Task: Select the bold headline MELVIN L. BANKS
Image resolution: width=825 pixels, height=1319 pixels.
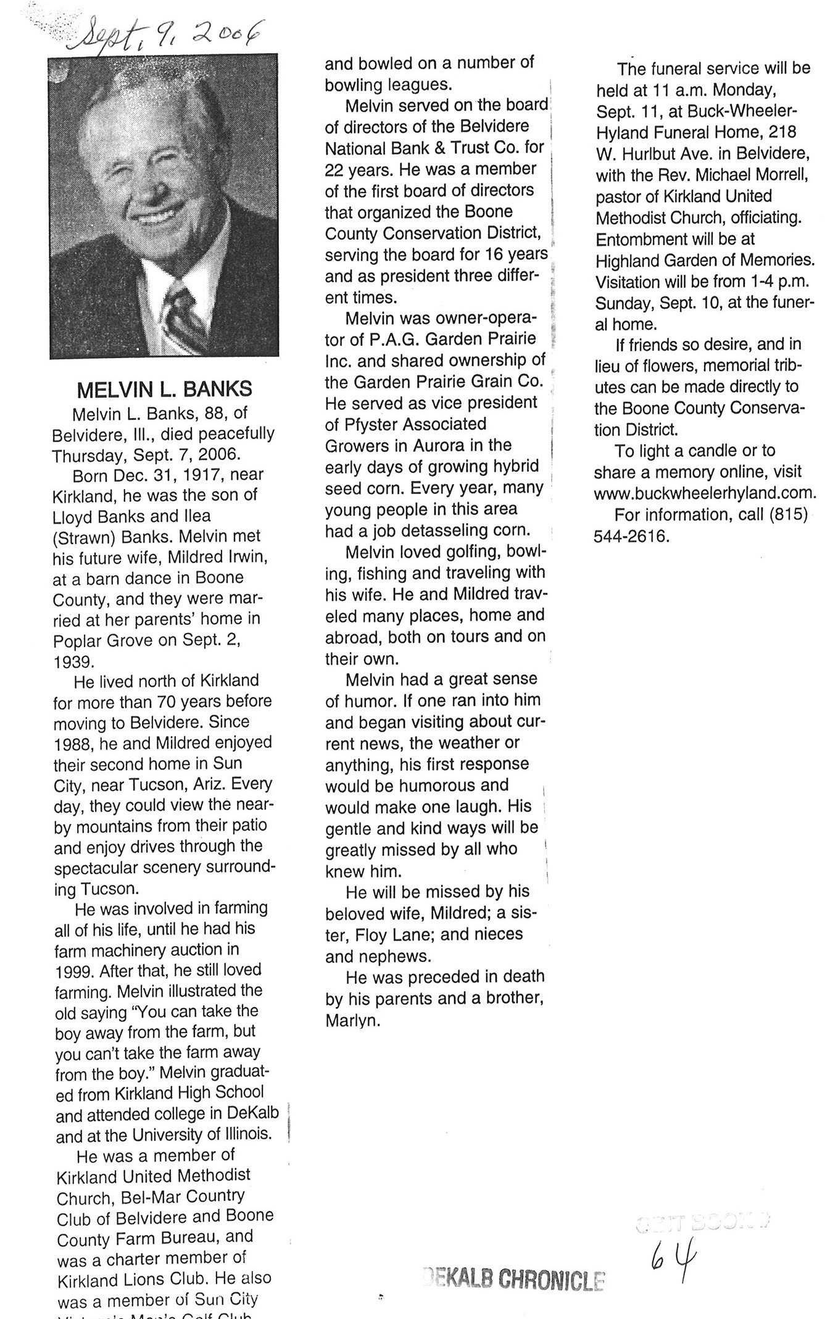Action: pyautogui.click(x=164, y=390)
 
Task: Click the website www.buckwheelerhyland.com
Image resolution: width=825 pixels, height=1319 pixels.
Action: pyautogui.click(x=705, y=493)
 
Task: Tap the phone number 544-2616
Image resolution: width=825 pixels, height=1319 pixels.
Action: pyautogui.click(x=631, y=536)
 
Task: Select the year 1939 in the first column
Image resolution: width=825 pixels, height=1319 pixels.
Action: pyautogui.click(x=73, y=661)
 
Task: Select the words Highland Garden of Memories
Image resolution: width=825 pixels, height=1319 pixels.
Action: pyautogui.click(x=704, y=260)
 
